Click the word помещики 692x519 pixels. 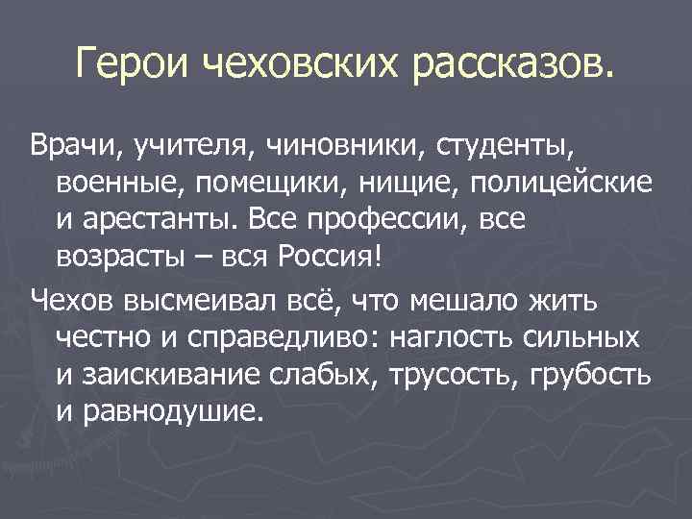[x=266, y=185]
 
